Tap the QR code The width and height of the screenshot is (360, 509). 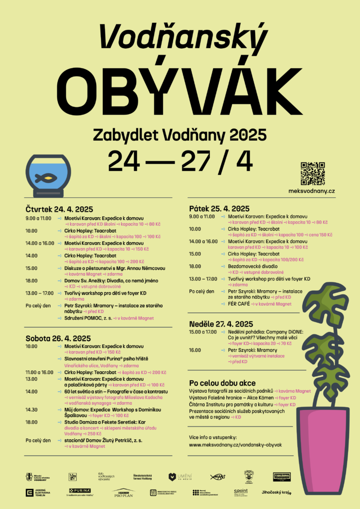tap(313, 173)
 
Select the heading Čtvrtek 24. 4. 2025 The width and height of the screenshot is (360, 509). tap(59, 209)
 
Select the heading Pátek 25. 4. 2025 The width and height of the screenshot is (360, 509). tap(219, 208)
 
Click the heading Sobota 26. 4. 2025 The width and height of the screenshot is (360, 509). tap(58, 338)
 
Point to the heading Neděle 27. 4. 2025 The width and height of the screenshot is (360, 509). tap(221, 324)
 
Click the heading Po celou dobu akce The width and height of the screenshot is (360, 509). tap(222, 383)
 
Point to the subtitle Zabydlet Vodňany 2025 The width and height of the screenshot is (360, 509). tap(179, 134)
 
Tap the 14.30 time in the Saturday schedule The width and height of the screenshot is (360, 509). tap(32, 410)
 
